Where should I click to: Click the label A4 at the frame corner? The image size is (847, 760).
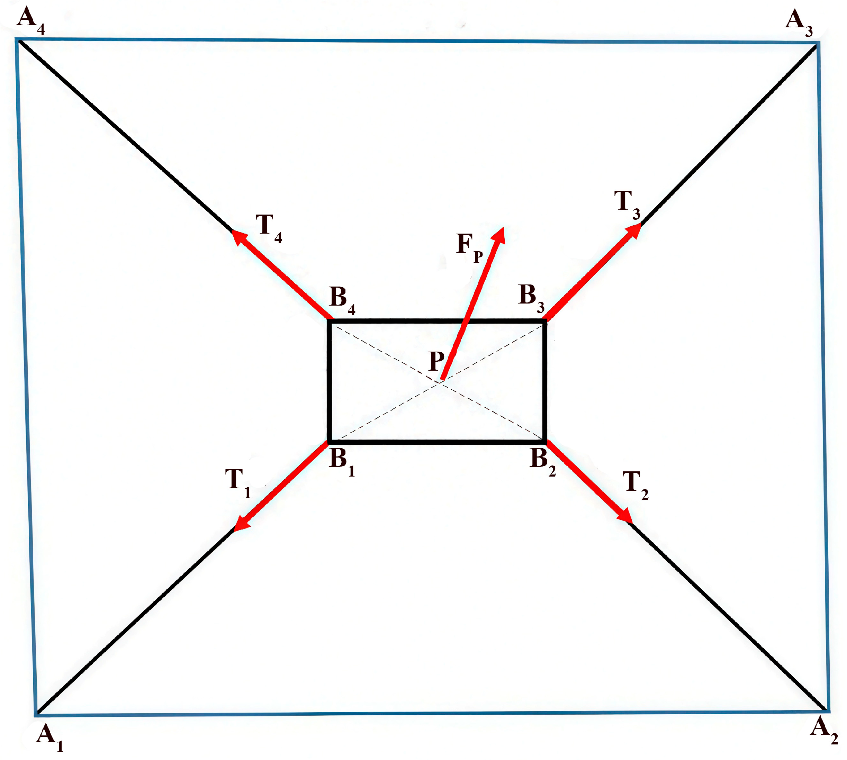tap(30, 21)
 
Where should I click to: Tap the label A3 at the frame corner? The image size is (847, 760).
tap(799, 23)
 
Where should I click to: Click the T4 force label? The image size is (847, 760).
tap(269, 228)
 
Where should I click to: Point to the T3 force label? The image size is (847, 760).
tap(627, 204)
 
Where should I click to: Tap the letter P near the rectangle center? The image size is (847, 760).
tap(437, 361)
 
